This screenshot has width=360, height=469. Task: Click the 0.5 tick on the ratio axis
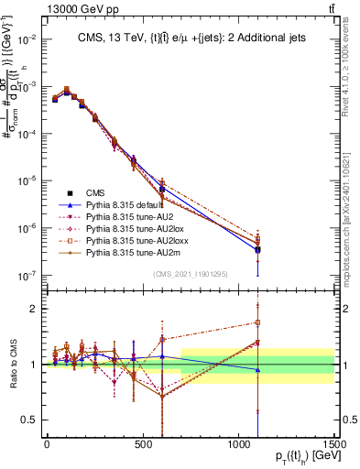(29, 420)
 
